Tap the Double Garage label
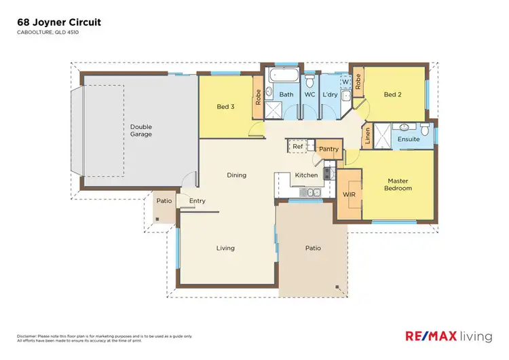[142, 130]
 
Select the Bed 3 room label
[225, 107]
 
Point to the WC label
[309, 94]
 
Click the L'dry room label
[331, 94]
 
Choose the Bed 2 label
[392, 94]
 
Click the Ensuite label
[409, 139]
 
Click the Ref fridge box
[297, 146]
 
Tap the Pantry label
[328, 149]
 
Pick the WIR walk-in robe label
[350, 194]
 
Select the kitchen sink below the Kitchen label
[309, 193]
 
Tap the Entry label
[197, 200]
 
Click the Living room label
[225, 248]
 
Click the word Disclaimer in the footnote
[28, 336]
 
